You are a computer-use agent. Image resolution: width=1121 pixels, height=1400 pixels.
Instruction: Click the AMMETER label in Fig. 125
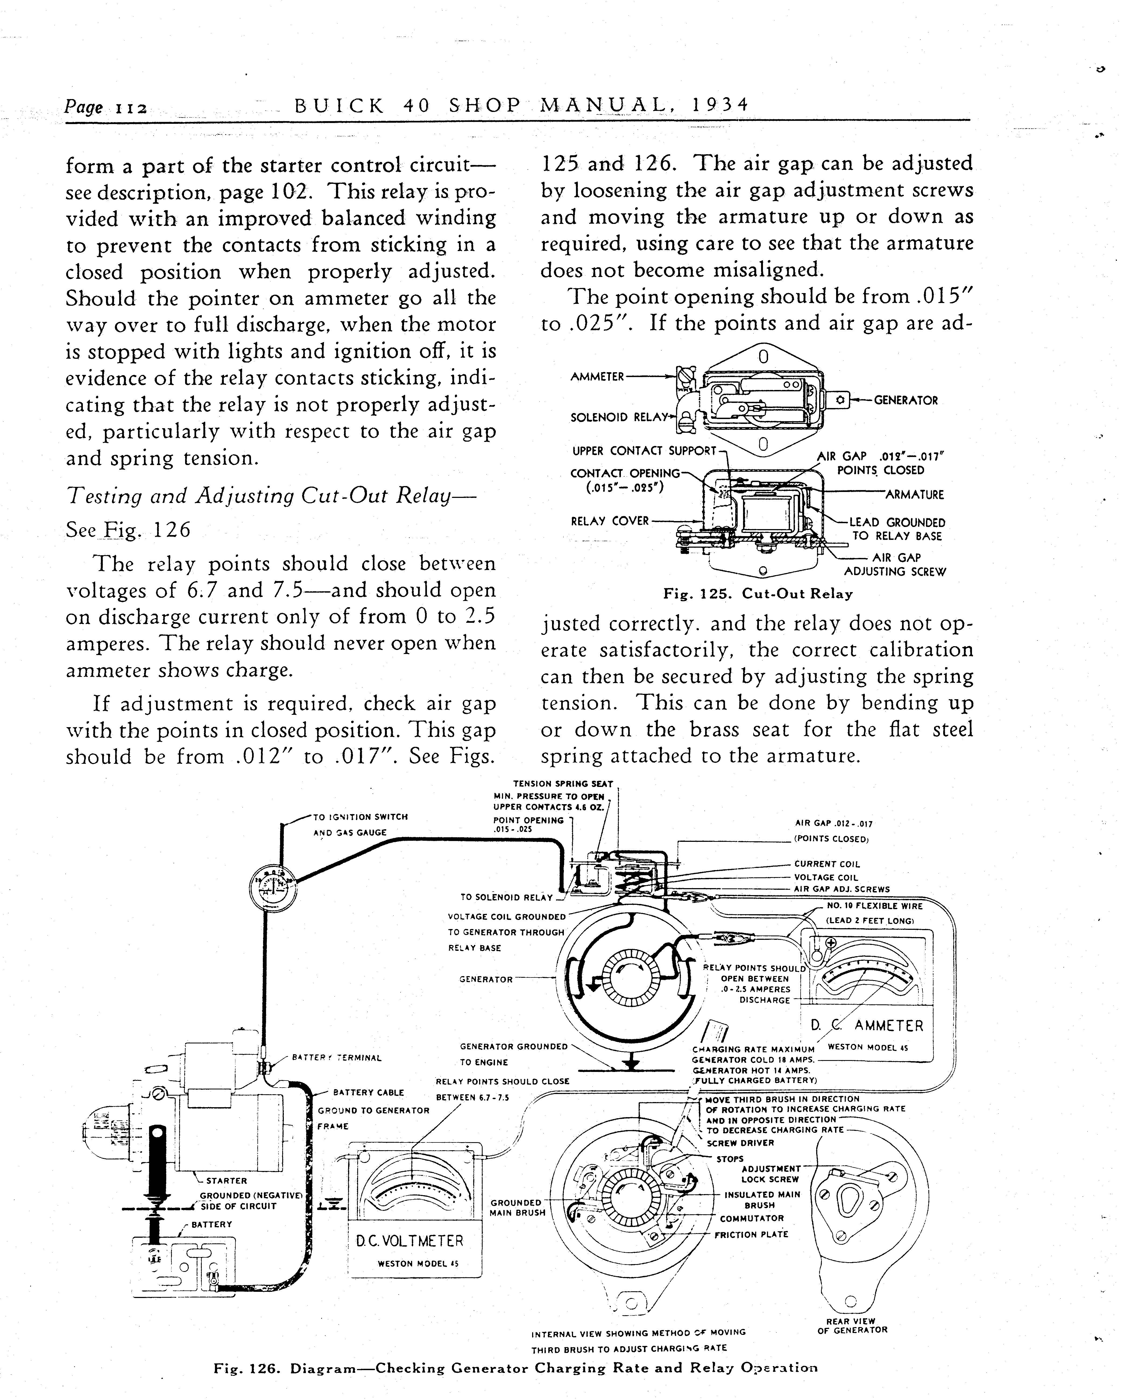(x=597, y=377)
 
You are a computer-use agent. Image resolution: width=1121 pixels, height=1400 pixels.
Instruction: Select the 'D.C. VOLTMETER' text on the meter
(x=410, y=1241)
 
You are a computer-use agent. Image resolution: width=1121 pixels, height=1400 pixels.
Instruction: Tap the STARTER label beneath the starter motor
(x=227, y=1180)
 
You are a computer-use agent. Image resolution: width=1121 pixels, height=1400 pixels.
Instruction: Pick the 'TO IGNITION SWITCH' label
(x=360, y=817)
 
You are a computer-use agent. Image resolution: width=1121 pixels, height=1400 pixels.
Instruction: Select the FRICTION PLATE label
(x=751, y=1234)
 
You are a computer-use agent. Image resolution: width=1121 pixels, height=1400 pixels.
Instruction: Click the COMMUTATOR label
(x=752, y=1218)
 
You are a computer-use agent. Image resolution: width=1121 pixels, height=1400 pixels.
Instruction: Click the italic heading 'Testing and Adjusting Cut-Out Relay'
(x=271, y=496)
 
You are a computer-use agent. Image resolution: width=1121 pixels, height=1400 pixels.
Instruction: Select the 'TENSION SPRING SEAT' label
(x=563, y=784)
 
